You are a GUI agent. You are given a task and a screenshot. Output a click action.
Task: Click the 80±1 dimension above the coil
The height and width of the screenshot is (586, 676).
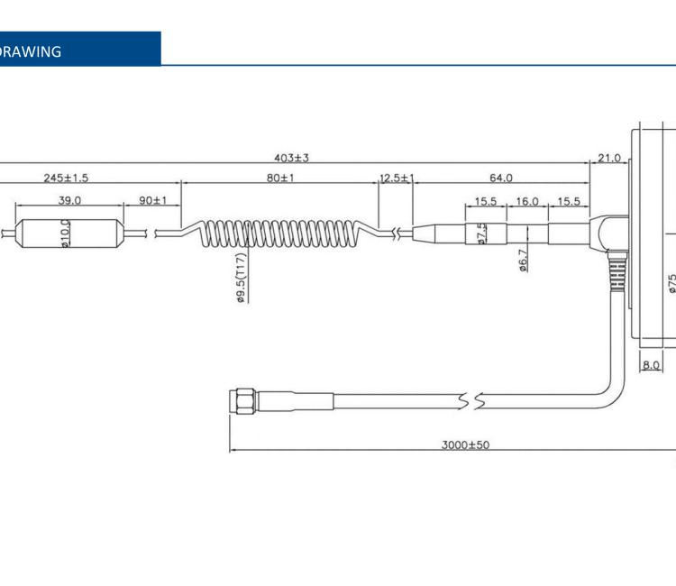pyautogui.click(x=280, y=178)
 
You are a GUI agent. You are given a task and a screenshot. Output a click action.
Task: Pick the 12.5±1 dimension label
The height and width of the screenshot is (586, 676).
pyautogui.click(x=396, y=178)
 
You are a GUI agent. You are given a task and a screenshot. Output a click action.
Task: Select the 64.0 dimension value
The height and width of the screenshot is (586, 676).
pyautogui.click(x=501, y=178)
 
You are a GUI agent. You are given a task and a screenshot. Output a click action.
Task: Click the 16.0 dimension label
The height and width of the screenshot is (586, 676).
pyautogui.click(x=526, y=202)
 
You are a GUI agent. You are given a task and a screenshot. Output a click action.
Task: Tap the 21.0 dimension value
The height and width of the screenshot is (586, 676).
pyautogui.click(x=609, y=159)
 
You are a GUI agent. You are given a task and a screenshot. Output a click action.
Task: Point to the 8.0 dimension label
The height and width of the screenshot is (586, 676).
pyautogui.click(x=651, y=365)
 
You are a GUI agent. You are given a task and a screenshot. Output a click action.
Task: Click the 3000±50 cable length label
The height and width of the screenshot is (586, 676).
pyautogui.click(x=466, y=444)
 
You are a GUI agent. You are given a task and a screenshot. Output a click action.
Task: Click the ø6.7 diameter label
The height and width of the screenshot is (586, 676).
pyautogui.click(x=523, y=260)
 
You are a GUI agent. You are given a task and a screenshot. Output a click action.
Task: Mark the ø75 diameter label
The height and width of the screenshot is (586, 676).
pyautogui.click(x=671, y=284)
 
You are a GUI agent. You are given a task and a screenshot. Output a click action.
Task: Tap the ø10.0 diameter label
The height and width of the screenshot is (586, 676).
pyautogui.click(x=65, y=233)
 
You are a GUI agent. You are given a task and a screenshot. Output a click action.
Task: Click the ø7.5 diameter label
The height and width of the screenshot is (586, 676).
pyautogui.click(x=481, y=233)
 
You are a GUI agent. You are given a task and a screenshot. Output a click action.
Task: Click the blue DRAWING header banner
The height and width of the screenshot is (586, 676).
pyautogui.click(x=79, y=50)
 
